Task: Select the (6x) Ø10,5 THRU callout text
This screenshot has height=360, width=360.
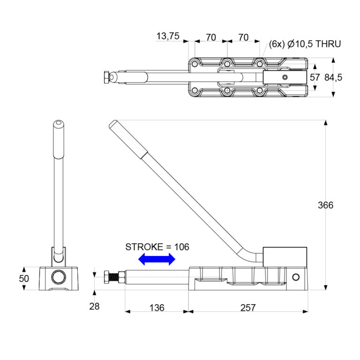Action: coord(305,44)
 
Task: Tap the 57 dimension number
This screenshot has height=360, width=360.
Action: coord(315,78)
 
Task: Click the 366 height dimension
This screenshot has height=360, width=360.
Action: coord(325,205)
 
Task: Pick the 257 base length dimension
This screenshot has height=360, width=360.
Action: coord(247,307)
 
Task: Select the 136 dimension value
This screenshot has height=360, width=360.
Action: coord(157,307)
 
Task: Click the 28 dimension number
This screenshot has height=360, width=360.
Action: coord(95,307)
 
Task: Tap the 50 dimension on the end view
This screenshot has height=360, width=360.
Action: coord(24,278)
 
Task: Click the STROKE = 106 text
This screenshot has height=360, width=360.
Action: coord(157,247)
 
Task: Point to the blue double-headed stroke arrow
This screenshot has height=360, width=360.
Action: coord(157,259)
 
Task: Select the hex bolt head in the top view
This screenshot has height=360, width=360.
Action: coord(108,77)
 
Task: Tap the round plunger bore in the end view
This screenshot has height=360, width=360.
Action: coord(59,277)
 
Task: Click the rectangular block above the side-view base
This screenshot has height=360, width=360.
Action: coord(285,256)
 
